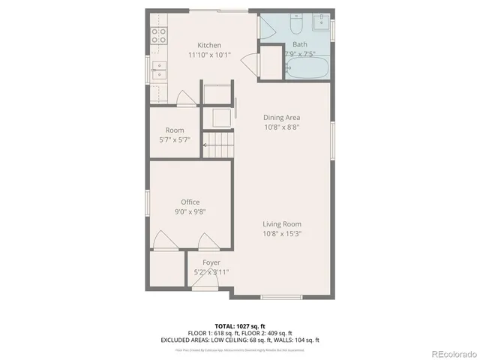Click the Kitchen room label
tap(209, 45)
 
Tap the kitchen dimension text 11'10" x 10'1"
tap(209, 55)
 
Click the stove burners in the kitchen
tap(158, 34)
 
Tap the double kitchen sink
tap(159, 70)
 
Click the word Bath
tap(299, 44)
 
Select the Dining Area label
tap(281, 117)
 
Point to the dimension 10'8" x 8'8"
tap(281, 127)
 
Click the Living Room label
tap(281, 223)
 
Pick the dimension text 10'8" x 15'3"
tap(281, 233)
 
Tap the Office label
tap(190, 202)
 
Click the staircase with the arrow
tap(218, 145)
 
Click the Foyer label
tap(211, 262)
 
